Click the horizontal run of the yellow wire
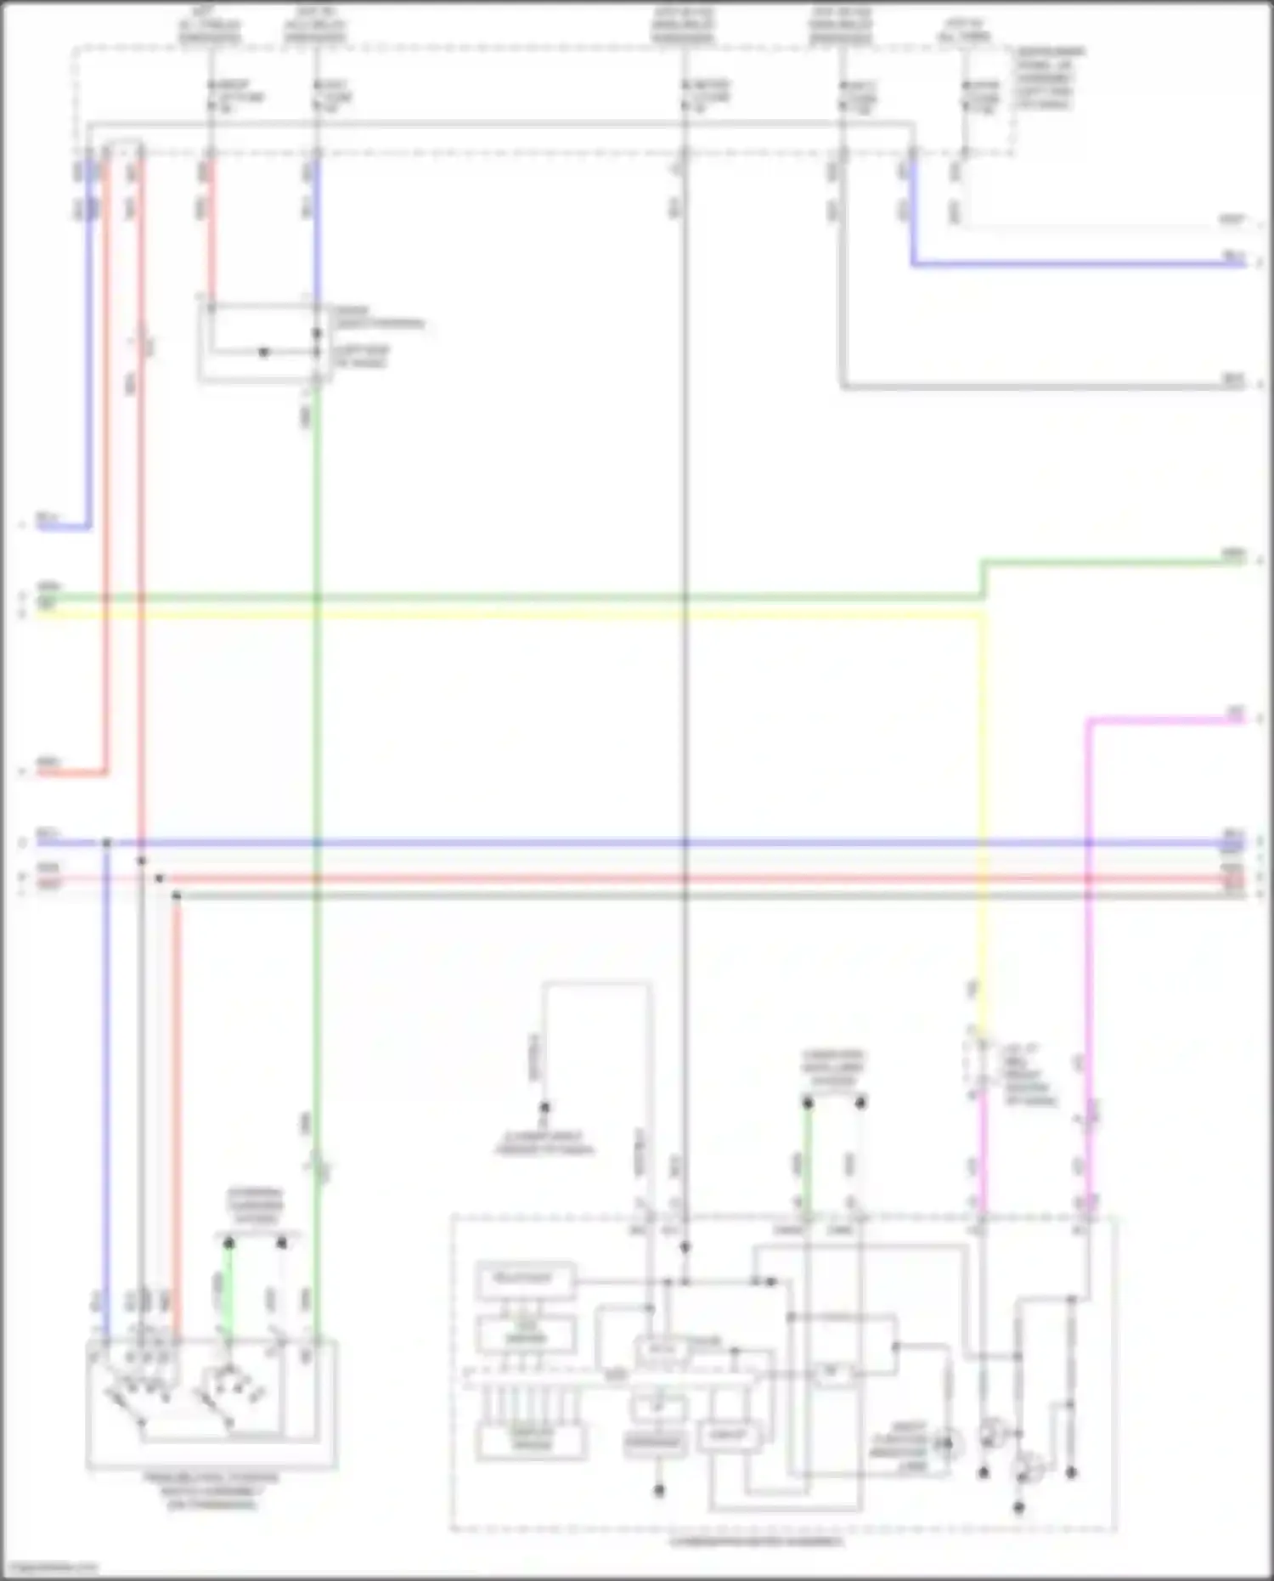510,613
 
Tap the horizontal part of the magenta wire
1164,720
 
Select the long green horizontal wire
510,597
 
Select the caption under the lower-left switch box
211,1491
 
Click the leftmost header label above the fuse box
209,26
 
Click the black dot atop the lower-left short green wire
228,1243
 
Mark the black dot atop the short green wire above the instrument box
808,1103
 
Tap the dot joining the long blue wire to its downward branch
107,843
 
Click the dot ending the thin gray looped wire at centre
544,1107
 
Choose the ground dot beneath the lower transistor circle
1019,1508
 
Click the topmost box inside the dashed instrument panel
525,1279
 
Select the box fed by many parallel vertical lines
532,1441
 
